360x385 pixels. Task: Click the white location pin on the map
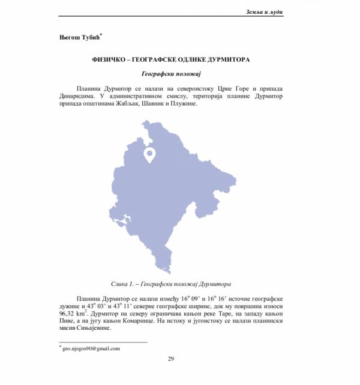(x=149, y=154)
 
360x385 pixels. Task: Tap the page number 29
(x=171, y=359)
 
